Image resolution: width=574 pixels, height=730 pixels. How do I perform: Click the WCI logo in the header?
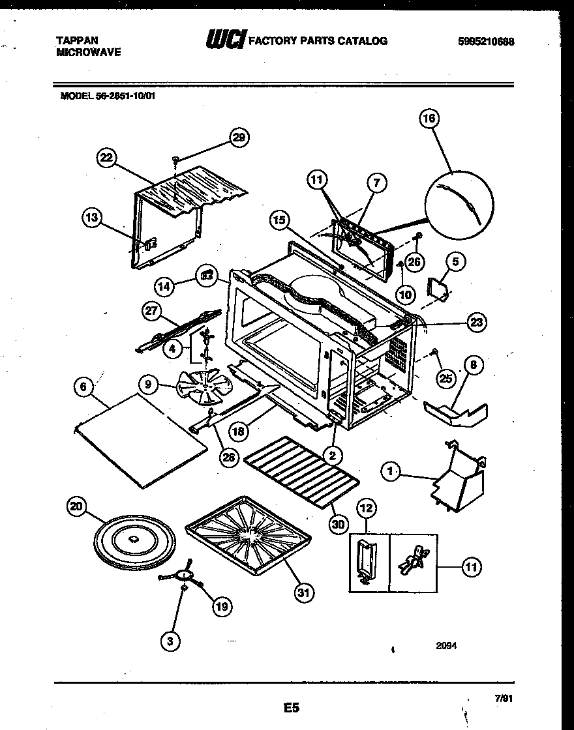coord(225,40)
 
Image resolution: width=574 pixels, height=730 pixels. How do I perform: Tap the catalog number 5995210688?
coord(486,41)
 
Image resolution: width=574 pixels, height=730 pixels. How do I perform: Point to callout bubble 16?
coord(430,119)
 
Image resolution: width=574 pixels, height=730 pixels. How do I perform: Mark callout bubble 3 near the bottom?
coord(171,641)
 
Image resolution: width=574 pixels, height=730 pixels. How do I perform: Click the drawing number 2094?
coord(446,647)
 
